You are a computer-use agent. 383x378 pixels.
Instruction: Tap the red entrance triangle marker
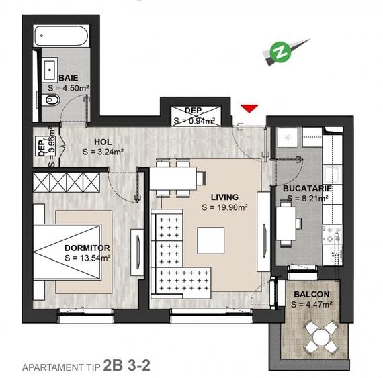pos(249,107)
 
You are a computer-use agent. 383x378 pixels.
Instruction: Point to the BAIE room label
pos(68,78)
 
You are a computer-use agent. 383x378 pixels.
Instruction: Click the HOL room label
pos(103,142)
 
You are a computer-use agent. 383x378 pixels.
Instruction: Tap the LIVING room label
pos(224,197)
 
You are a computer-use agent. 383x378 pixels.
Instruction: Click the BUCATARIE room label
pos(308,189)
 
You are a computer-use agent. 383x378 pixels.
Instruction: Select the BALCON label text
pos(311,295)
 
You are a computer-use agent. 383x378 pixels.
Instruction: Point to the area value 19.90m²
pos(225,208)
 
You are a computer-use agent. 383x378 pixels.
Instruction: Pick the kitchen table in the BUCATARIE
pos(286,222)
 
